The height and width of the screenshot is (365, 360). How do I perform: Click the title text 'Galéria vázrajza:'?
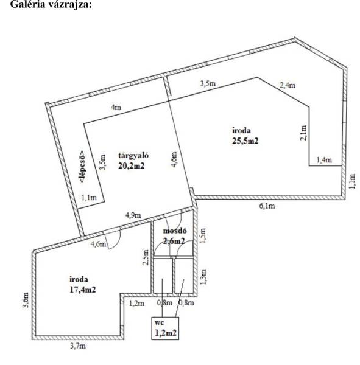point(51,4)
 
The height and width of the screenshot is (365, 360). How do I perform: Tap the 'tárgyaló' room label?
point(133,156)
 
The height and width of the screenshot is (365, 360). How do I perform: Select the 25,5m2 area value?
point(245,141)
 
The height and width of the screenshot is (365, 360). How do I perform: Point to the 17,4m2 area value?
point(83,290)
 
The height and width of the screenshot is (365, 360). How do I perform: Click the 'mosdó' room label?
point(175,231)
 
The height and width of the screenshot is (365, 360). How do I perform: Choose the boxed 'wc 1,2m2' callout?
point(165,328)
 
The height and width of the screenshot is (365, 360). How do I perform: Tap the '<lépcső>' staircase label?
point(82,166)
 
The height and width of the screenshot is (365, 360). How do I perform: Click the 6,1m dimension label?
point(267,206)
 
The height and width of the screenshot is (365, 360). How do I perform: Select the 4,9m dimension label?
point(133,215)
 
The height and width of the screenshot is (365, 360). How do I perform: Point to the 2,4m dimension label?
point(288,85)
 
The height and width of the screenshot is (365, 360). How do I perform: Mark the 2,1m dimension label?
point(303,133)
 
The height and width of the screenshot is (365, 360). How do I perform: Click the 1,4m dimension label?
point(324,160)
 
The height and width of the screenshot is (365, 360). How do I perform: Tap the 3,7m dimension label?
point(78,346)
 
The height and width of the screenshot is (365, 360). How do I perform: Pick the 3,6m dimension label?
point(26,300)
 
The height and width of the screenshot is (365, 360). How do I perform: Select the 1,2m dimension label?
point(136,303)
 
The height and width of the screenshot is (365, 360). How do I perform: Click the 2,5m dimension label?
point(146,257)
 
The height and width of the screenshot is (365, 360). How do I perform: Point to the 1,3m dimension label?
point(203,277)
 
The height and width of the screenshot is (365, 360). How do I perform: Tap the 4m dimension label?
point(116,108)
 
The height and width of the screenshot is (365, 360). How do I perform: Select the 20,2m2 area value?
point(132,165)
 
